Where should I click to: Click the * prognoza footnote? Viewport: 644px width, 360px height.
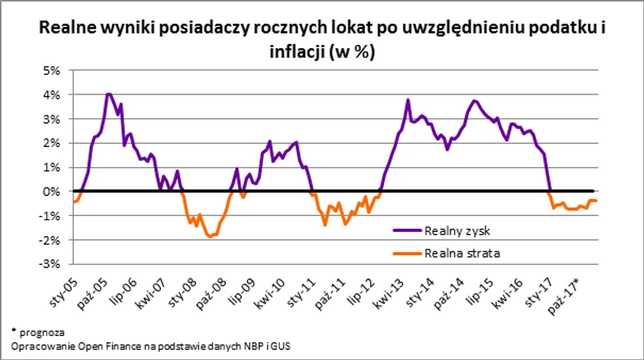click(x=38, y=330)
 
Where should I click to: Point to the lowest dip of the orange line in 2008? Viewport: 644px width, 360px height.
click(x=210, y=237)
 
